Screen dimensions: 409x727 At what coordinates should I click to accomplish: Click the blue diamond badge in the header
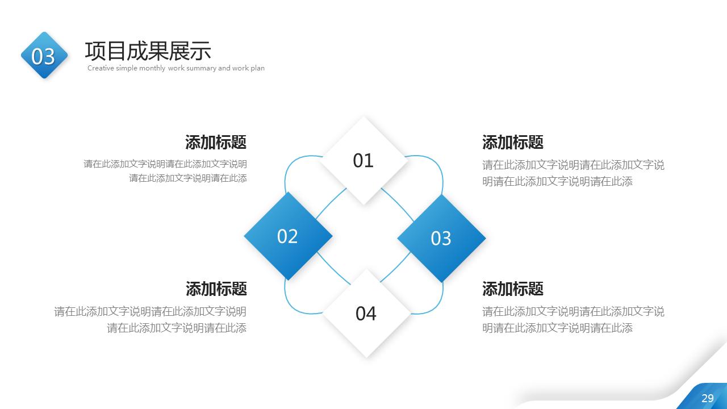click(x=44, y=56)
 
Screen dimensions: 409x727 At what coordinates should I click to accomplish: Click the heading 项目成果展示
click(x=148, y=51)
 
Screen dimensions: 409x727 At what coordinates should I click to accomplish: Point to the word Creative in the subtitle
click(x=101, y=68)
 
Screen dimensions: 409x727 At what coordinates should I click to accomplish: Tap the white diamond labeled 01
click(x=363, y=161)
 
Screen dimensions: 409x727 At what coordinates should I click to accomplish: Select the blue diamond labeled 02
click(x=287, y=236)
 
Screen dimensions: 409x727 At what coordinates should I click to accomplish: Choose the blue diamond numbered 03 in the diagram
click(x=441, y=238)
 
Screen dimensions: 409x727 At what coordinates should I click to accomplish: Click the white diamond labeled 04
click(x=366, y=313)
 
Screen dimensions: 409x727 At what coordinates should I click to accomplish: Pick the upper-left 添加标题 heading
click(x=216, y=142)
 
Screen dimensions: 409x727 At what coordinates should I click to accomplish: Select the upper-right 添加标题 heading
click(x=513, y=142)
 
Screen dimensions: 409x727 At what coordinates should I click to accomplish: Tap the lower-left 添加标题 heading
click(x=216, y=289)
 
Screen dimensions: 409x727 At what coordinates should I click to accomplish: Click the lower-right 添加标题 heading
click(x=513, y=289)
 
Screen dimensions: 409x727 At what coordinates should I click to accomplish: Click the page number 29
click(x=708, y=398)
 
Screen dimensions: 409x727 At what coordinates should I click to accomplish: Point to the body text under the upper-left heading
click(x=165, y=171)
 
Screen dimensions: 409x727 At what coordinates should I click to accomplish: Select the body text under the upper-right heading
click(x=573, y=173)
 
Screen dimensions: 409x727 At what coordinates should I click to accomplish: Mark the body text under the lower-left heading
click(x=151, y=319)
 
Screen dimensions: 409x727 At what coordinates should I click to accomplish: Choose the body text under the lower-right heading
click(x=573, y=319)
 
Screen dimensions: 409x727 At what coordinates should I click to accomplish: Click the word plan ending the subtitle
click(x=257, y=68)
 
